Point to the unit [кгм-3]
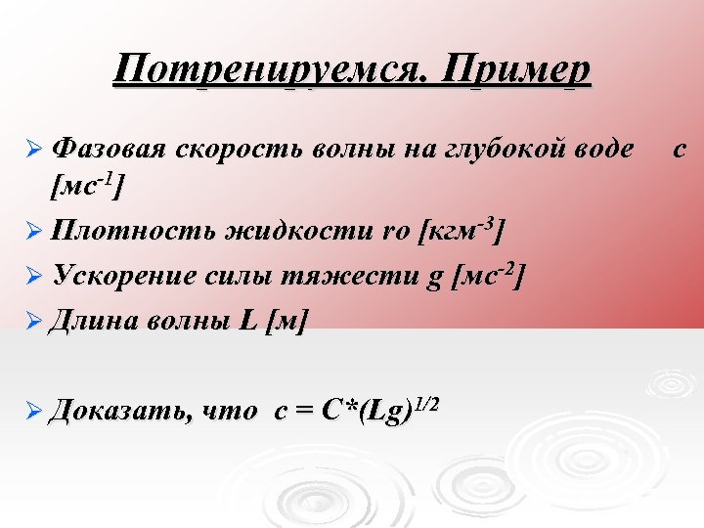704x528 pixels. tap(461, 230)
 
